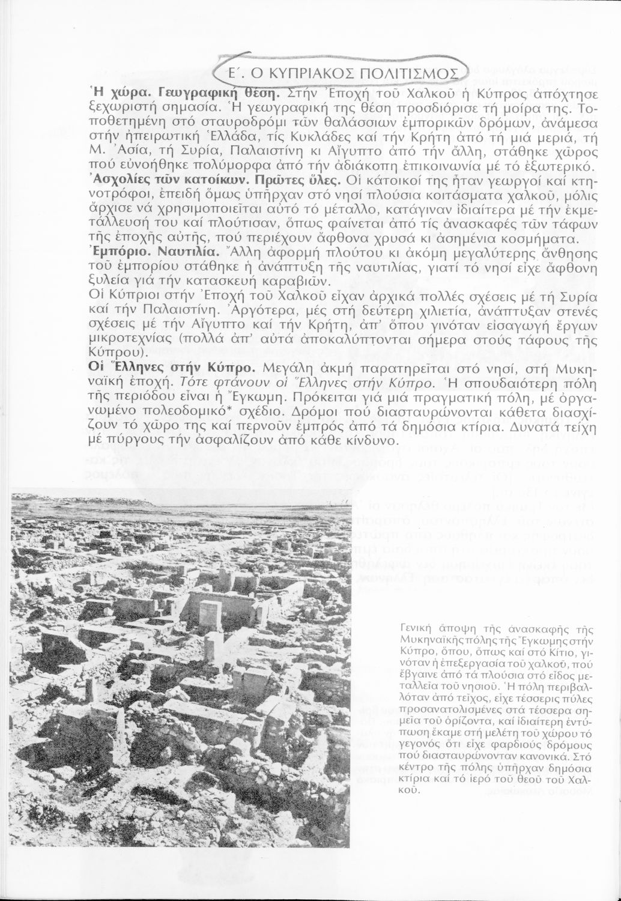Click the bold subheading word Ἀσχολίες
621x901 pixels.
pos(117,180)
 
